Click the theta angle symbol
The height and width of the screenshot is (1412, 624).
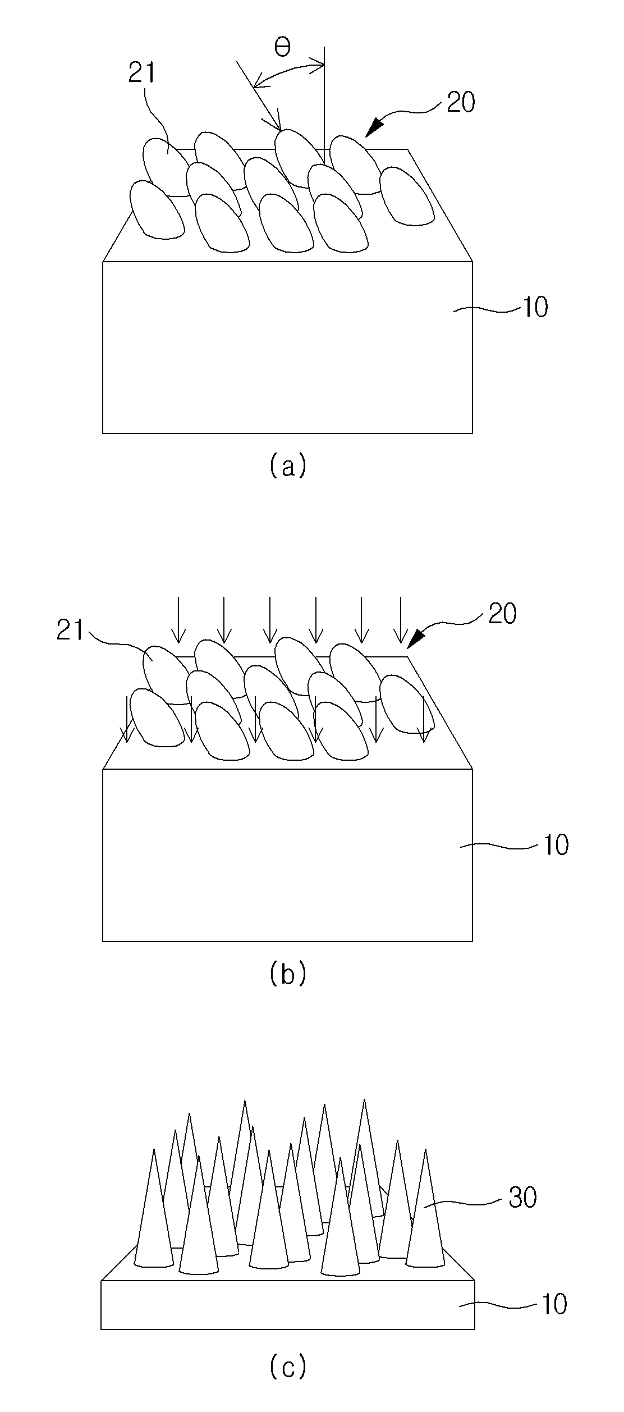[282, 48]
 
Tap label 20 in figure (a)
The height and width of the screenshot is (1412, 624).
[461, 102]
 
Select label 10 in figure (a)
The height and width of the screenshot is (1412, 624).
[535, 308]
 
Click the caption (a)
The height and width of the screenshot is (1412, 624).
[287, 466]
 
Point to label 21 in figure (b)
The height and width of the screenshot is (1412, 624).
[70, 631]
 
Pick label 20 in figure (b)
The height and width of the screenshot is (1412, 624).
[502, 614]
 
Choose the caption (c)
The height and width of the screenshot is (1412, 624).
[287, 1366]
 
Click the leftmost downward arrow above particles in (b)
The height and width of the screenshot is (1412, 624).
[178, 620]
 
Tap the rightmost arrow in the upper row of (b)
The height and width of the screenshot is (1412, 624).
[401, 620]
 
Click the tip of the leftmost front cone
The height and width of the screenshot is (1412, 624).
[154, 1149]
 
